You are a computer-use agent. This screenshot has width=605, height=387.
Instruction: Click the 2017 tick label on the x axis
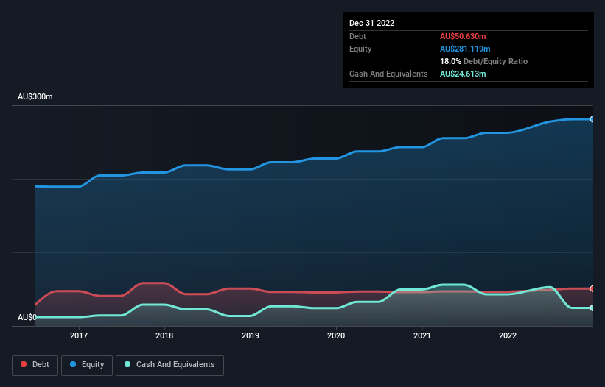coord(79,335)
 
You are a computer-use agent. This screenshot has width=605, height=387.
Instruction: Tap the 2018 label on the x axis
coord(164,335)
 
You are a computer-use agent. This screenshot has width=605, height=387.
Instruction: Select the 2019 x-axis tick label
coord(251,335)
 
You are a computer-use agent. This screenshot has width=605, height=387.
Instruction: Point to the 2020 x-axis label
coord(336,335)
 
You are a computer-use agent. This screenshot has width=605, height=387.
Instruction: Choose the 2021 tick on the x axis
coord(422,335)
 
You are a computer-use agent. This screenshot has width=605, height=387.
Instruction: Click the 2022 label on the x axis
coord(508,335)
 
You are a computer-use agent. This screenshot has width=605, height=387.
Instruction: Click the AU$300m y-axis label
coord(35,97)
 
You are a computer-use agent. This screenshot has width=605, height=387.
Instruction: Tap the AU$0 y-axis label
coord(27,317)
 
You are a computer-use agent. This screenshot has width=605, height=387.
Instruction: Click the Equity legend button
coord(87,364)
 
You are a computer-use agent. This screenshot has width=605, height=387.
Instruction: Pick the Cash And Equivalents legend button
coord(169,364)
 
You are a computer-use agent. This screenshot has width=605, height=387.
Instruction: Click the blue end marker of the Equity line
coord(592,119)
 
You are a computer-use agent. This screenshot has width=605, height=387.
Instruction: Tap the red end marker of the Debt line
coord(592,288)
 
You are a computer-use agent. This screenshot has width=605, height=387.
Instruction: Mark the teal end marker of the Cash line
coord(592,308)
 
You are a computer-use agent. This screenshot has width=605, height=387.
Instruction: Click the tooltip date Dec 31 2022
coord(372,23)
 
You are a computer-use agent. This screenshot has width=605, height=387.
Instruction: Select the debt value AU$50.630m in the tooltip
coord(463,36)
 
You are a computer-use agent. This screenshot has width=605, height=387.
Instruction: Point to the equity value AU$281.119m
coord(466,49)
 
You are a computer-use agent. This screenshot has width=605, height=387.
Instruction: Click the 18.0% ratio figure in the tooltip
coord(450,61)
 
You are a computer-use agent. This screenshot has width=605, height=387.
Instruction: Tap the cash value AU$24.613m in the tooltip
coord(463,74)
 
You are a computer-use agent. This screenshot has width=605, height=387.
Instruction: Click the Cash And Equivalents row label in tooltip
coord(388,74)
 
